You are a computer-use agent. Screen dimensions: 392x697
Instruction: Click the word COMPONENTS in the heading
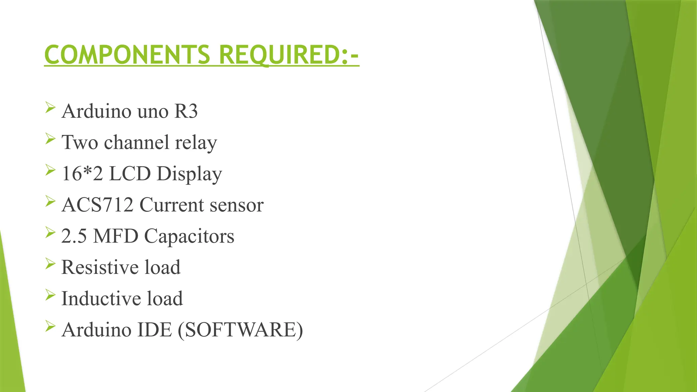point(127,55)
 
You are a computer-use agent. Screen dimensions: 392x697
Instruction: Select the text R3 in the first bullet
point(186,111)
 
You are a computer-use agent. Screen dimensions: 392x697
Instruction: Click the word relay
point(196,142)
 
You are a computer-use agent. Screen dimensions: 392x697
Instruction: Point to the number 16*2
point(82,174)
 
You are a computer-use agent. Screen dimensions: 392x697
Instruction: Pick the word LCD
point(130,174)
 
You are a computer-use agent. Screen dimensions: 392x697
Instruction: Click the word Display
point(189,174)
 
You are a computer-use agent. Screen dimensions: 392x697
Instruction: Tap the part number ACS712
point(97,205)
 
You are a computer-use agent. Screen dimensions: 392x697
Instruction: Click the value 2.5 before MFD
point(74,236)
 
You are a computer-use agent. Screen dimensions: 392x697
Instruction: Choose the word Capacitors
point(189,236)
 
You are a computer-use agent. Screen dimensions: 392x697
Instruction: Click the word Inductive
point(101,298)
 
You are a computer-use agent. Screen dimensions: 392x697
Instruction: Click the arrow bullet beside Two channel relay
point(50,139)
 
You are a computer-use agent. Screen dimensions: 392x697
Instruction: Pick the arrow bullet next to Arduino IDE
point(50,326)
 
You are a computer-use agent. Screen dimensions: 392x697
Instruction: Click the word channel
point(136,142)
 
